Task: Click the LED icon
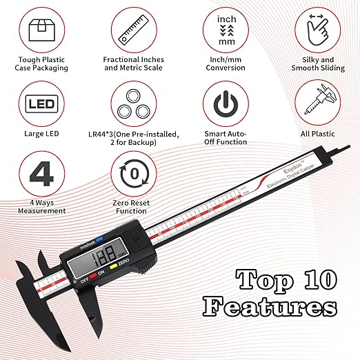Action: point(42,105)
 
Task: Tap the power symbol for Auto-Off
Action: point(226,105)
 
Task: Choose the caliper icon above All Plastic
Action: point(318,105)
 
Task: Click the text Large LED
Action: point(42,133)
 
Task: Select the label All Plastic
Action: point(318,133)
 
